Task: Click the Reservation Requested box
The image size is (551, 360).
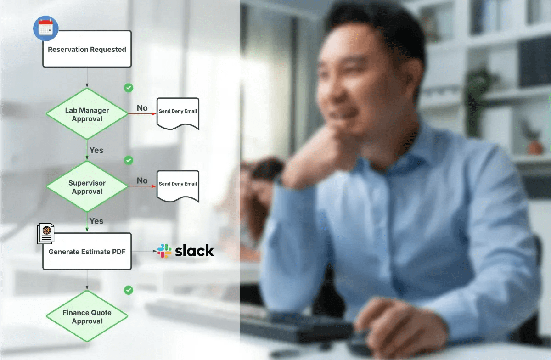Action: [87, 50]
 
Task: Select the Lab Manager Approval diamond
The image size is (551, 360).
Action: [87, 114]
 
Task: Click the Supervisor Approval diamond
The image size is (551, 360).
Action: [87, 187]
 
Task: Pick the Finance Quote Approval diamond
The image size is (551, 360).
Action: [87, 316]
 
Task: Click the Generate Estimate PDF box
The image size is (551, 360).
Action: [87, 252]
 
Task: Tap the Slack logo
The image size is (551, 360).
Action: [186, 251]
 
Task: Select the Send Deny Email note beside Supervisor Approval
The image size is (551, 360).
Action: [178, 185]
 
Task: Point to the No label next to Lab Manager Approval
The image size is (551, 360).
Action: [142, 108]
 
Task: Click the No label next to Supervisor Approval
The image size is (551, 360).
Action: [142, 180]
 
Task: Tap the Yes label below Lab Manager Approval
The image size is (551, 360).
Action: [96, 150]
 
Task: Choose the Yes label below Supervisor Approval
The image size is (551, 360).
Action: [96, 221]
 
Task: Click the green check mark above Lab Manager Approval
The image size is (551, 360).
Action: [129, 87]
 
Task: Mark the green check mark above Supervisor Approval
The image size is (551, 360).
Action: [129, 160]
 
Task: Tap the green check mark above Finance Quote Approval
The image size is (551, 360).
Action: [129, 290]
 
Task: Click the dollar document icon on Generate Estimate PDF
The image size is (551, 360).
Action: [46, 233]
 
